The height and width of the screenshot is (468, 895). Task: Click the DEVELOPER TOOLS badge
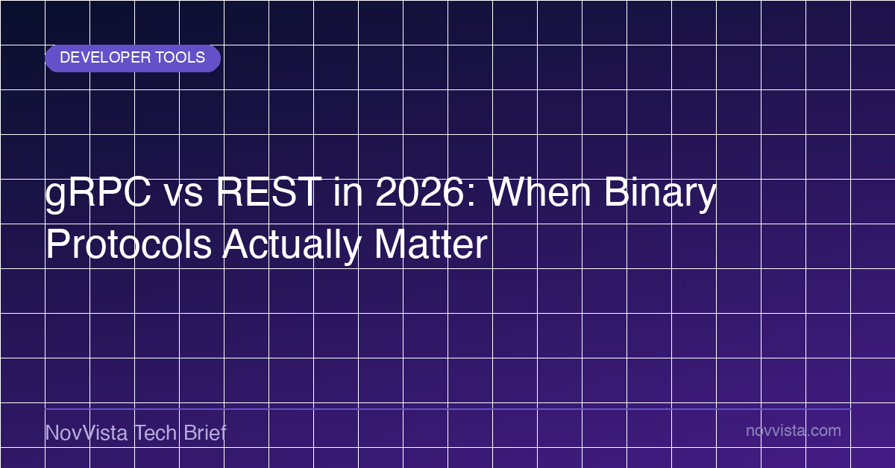[x=133, y=58]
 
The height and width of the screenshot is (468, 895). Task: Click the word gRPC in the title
[x=98, y=195]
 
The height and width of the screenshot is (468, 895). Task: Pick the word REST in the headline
[x=269, y=192]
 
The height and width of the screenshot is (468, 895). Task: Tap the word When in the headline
[x=539, y=192]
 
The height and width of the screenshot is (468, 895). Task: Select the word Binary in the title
[x=660, y=195]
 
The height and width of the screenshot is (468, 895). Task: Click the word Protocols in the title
[x=128, y=244]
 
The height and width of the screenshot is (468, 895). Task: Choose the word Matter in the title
[x=431, y=244]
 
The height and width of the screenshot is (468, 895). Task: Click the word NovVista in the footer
[x=87, y=432]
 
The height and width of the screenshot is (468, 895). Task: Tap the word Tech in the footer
[x=155, y=432]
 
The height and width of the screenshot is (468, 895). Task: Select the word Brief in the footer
[x=205, y=432]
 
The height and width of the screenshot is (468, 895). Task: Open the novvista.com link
[x=794, y=431]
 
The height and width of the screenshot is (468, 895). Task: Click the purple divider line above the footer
[x=448, y=409]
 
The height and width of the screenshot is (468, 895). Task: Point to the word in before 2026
[x=348, y=192]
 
